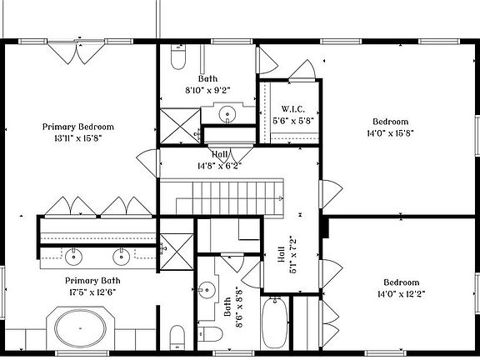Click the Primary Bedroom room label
(x=77, y=127)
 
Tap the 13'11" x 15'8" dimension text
(x=77, y=138)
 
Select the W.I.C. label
(x=292, y=109)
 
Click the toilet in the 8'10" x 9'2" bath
(x=177, y=57)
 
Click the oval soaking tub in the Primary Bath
(x=82, y=327)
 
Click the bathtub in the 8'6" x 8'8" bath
(x=277, y=326)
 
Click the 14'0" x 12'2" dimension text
(x=390, y=293)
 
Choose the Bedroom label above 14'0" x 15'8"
(x=390, y=121)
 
